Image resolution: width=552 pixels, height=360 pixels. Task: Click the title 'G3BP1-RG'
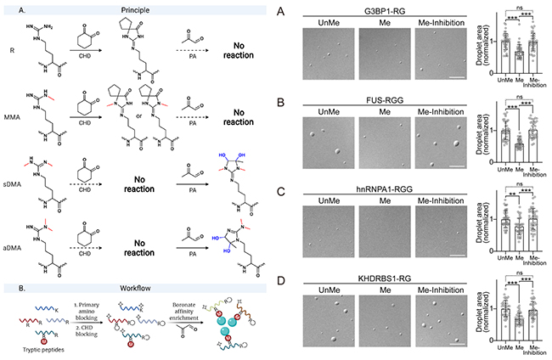point(389,7)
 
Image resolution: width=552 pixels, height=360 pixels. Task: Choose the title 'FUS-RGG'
point(389,100)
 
